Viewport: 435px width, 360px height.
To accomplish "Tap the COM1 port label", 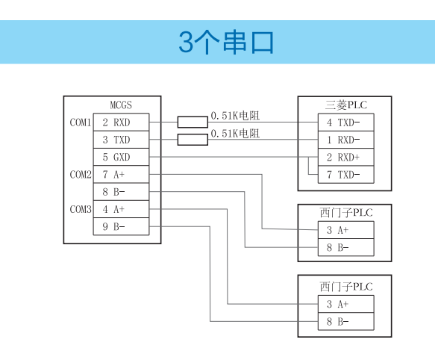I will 80,122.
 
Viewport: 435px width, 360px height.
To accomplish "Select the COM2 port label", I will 80,175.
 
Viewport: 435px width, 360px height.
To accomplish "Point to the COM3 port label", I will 80,209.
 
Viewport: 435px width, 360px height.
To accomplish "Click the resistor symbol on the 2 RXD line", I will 193,122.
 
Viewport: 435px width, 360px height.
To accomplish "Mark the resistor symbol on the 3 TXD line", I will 193,140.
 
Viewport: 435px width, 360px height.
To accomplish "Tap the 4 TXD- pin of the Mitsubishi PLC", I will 345,122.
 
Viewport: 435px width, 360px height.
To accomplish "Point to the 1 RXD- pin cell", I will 345,140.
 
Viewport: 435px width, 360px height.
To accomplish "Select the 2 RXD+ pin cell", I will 345,157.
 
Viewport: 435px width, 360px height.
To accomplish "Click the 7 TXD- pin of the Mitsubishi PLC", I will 345,175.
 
